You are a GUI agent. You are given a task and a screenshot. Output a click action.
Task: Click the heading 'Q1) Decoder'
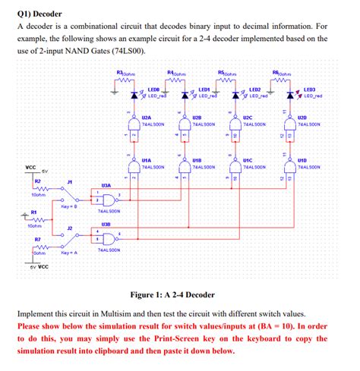[x=40, y=14]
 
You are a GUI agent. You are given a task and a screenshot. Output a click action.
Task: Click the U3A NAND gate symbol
[x=107, y=200]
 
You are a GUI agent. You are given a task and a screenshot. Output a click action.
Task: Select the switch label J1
[x=70, y=183]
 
